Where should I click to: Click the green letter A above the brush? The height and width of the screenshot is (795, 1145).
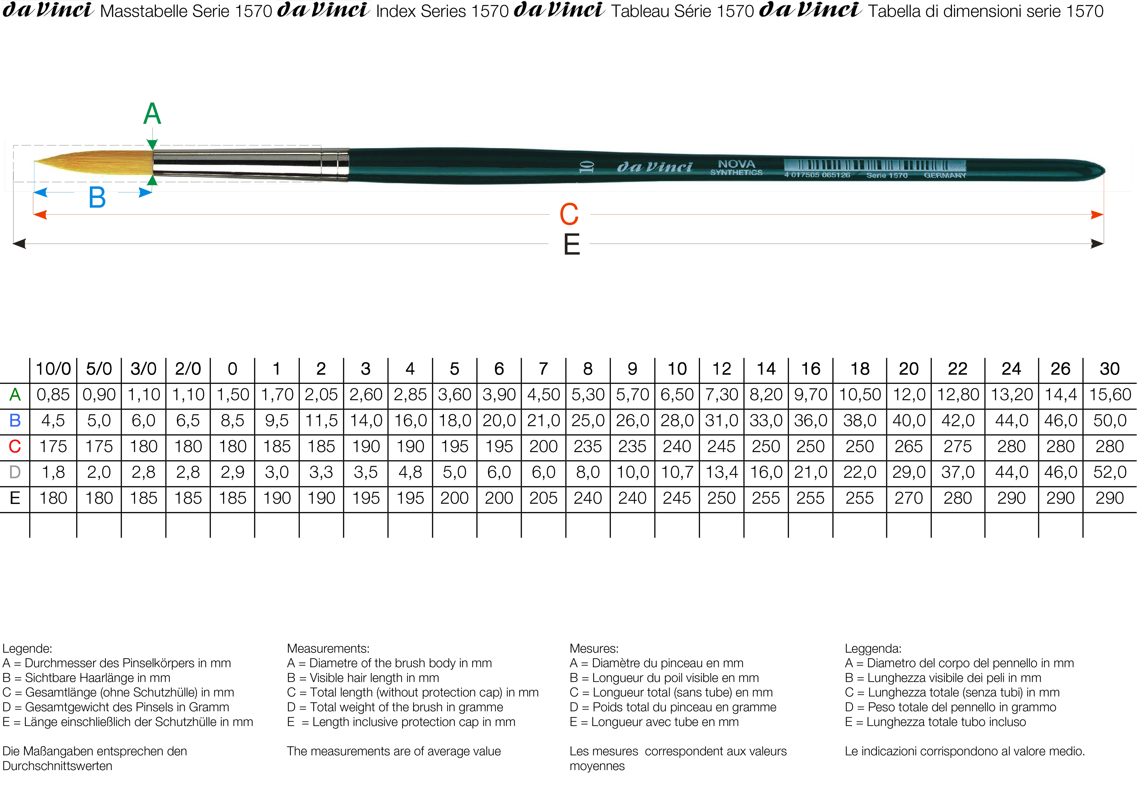(x=152, y=114)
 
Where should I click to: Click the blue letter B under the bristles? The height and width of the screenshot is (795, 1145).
(x=97, y=198)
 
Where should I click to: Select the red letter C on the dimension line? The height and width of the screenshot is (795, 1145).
(x=569, y=215)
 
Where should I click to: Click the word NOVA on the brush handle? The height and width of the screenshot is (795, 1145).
(x=736, y=164)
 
